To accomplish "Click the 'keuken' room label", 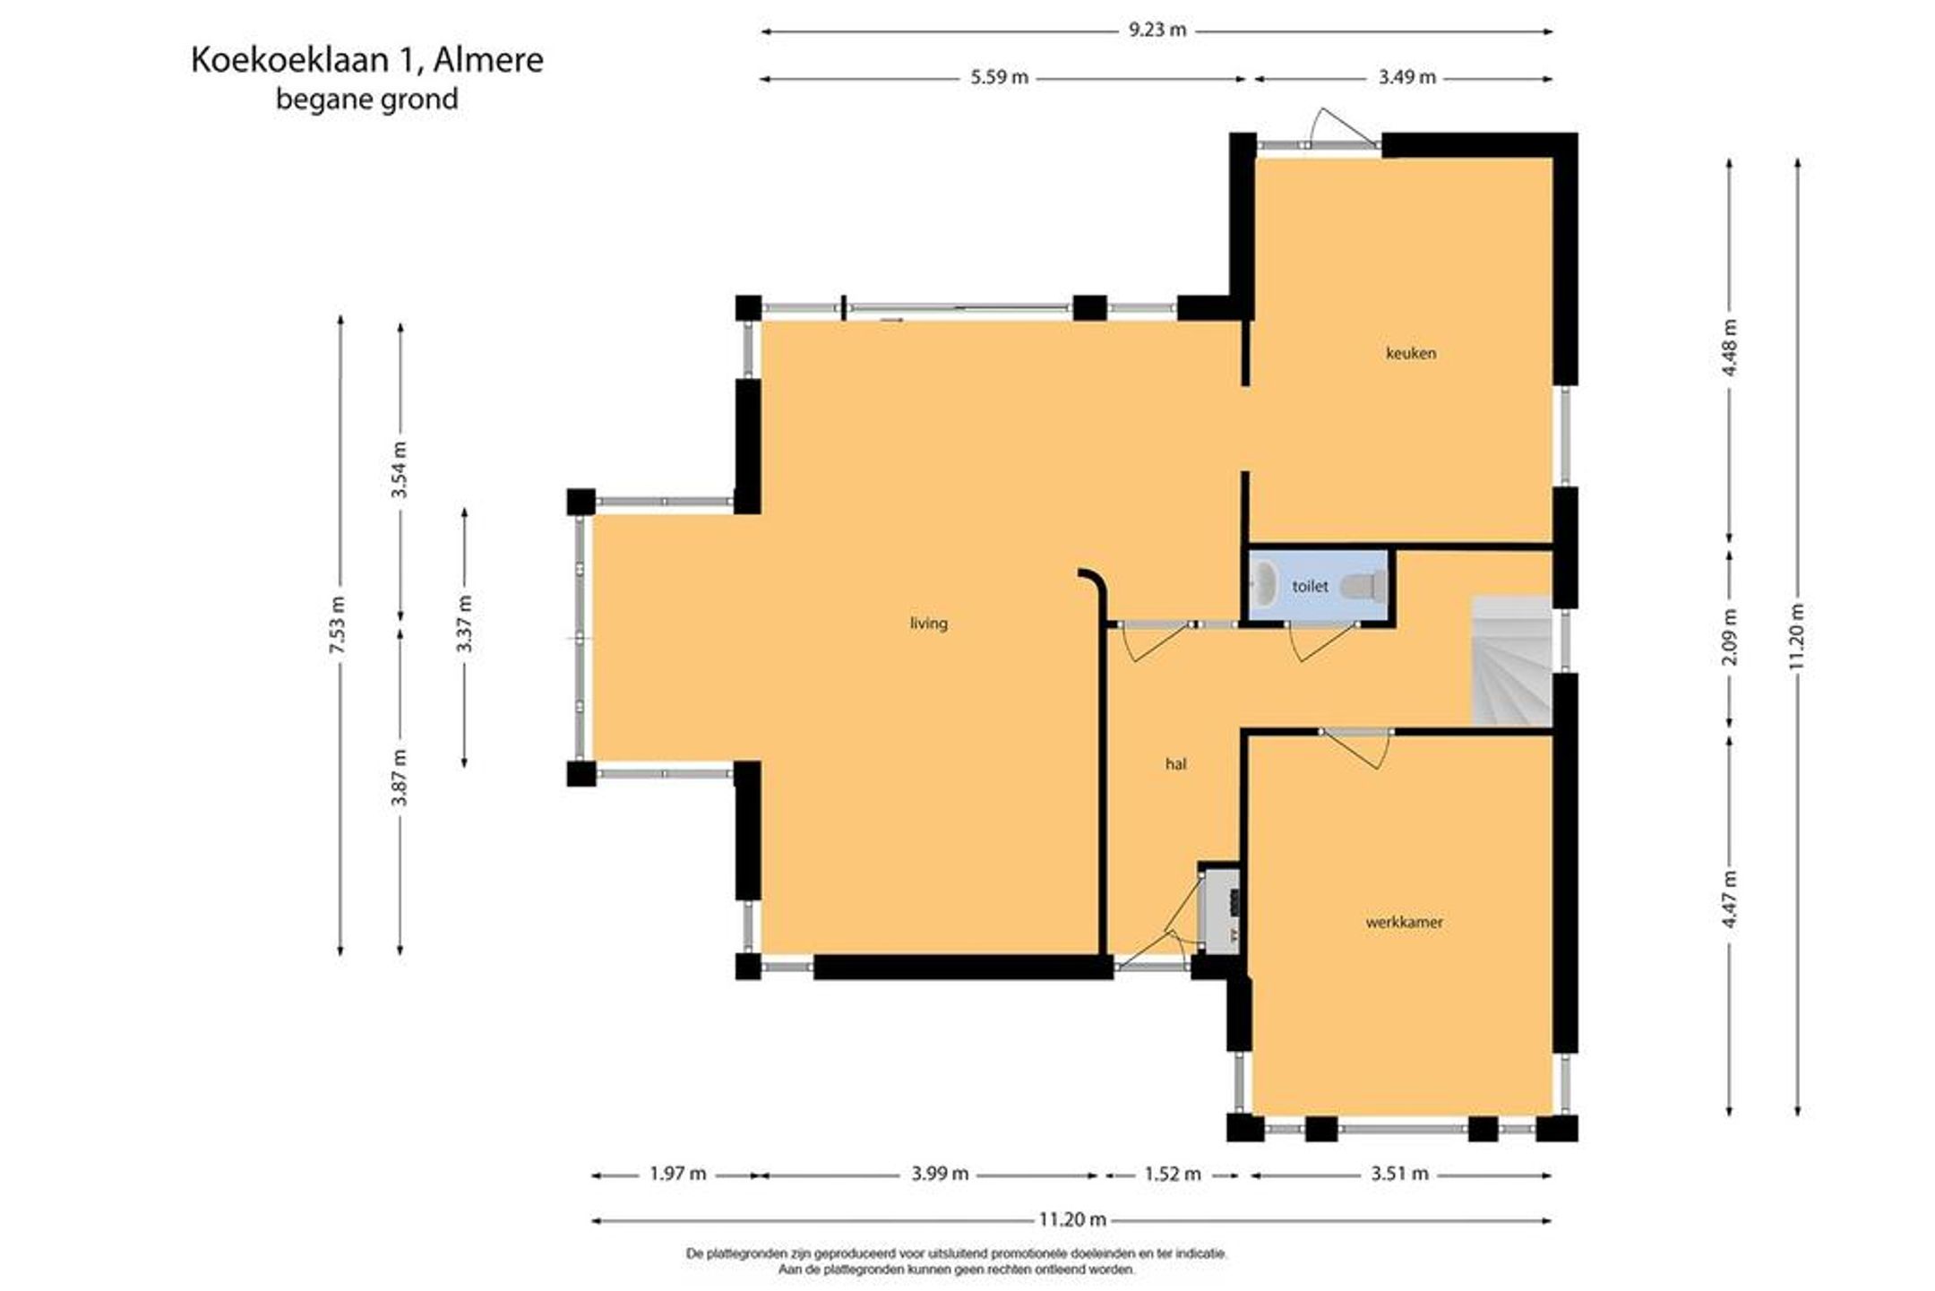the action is [1411, 353].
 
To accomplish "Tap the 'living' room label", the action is [928, 623].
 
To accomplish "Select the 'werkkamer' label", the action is [1404, 922].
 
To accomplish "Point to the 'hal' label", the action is [1176, 764].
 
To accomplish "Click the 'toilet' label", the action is [1310, 586].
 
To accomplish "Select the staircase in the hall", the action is [1513, 662].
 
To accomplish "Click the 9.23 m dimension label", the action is [1157, 30].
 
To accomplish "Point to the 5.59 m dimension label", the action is [1000, 78].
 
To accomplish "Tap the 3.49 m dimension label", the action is [1406, 78].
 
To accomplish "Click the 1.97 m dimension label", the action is [677, 1174].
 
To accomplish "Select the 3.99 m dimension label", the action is [940, 1174].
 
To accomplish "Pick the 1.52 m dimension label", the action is [1172, 1174].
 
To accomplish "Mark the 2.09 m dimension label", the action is [1730, 637].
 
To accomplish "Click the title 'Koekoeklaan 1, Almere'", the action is [367, 60].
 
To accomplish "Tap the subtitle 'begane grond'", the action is [367, 99].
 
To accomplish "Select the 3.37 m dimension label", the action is [464, 624].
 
